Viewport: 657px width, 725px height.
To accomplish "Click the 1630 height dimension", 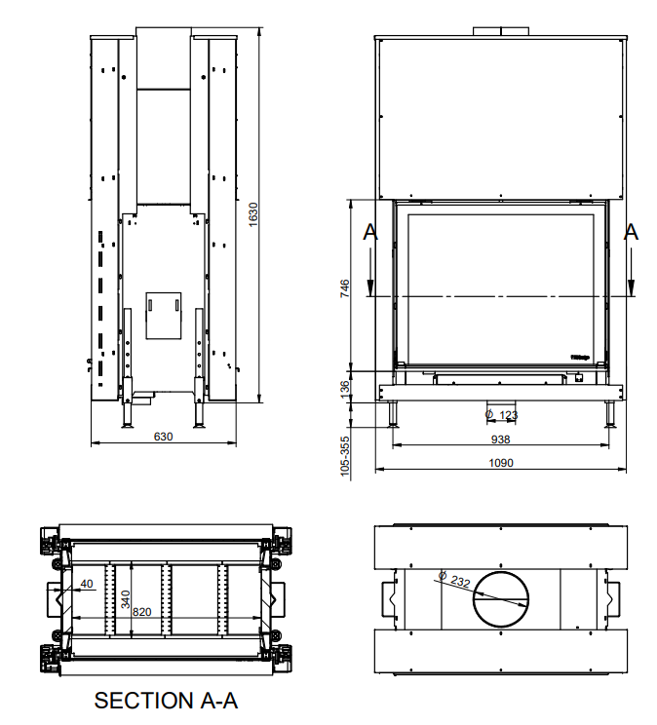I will (x=252, y=214).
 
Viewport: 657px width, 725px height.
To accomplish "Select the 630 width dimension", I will (x=163, y=437).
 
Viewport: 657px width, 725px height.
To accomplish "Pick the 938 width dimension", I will (x=500, y=439).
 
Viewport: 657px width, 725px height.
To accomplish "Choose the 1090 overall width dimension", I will (x=500, y=463).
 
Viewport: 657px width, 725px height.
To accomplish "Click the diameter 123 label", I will (x=502, y=415).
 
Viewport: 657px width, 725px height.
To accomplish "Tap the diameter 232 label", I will (x=455, y=581).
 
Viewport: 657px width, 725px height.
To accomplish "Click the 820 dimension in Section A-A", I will (x=142, y=611).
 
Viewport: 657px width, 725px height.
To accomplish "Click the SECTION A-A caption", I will (x=166, y=701).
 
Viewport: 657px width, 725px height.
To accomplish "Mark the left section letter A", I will (x=368, y=232).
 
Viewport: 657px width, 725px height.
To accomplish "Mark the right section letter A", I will (x=631, y=232).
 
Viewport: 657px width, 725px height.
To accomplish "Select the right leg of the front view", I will (x=610, y=414).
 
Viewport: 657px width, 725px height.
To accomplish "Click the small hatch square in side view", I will (x=163, y=315).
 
